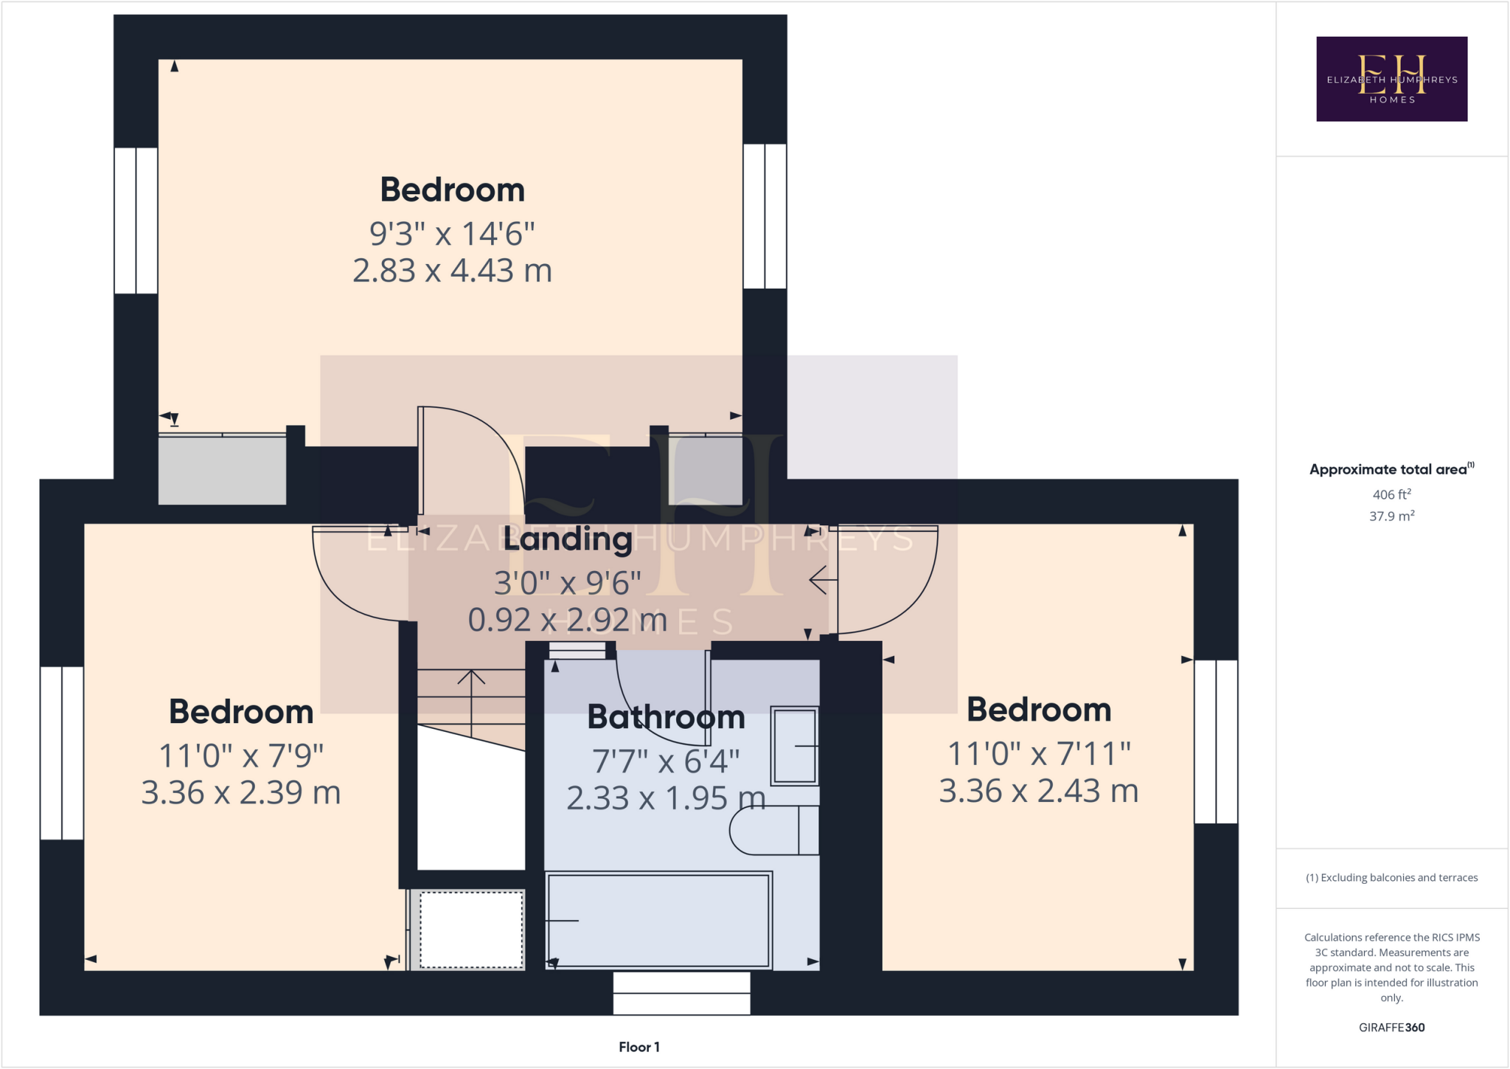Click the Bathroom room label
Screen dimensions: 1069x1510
click(666, 717)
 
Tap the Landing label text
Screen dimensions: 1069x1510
click(568, 539)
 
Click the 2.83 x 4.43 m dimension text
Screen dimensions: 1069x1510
click(452, 271)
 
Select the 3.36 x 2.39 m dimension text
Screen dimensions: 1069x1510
click(241, 793)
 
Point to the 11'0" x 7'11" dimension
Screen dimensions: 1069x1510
click(1038, 754)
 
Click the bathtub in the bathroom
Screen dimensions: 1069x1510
click(658, 920)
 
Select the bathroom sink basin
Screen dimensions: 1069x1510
click(794, 746)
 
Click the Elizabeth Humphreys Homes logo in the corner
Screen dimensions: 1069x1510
click(1391, 79)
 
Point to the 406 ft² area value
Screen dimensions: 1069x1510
click(1391, 495)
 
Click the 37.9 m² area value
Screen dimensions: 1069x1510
click(1391, 516)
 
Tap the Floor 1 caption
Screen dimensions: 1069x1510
click(639, 1047)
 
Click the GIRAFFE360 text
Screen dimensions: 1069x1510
click(1391, 1027)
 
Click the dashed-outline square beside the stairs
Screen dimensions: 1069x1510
click(471, 930)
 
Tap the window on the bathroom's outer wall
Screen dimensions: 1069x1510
click(681, 993)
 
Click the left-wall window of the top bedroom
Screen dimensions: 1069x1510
click(136, 221)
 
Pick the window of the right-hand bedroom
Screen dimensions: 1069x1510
click(1215, 741)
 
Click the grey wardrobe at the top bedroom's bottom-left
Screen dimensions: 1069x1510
click(222, 470)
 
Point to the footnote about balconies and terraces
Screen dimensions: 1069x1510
click(1391, 878)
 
